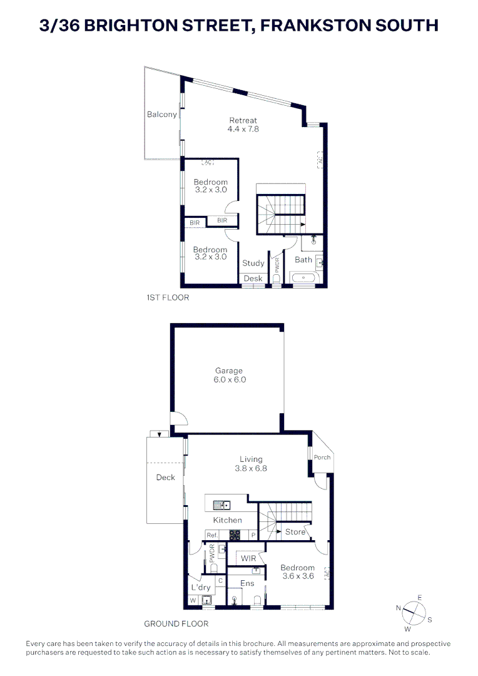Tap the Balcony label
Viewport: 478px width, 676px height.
(x=161, y=115)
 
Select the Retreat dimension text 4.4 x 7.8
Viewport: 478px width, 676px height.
(x=243, y=129)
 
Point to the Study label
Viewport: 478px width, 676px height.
(x=253, y=264)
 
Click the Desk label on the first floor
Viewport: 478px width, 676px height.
(x=253, y=279)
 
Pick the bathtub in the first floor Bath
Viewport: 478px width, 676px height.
(x=304, y=277)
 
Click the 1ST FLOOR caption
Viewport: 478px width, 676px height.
(x=167, y=298)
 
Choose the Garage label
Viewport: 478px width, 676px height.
(x=230, y=371)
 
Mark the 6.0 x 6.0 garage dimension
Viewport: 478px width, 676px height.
(x=230, y=379)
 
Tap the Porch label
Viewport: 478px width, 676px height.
(x=322, y=458)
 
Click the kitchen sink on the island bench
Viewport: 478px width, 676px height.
(x=221, y=504)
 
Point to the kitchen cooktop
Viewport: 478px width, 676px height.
(x=235, y=535)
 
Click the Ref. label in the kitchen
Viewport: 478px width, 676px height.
(x=212, y=535)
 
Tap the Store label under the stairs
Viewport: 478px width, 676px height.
(x=295, y=532)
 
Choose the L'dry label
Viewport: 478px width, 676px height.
(x=201, y=588)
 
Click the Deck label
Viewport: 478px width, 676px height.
(x=165, y=478)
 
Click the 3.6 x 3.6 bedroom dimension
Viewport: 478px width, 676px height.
(x=298, y=576)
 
